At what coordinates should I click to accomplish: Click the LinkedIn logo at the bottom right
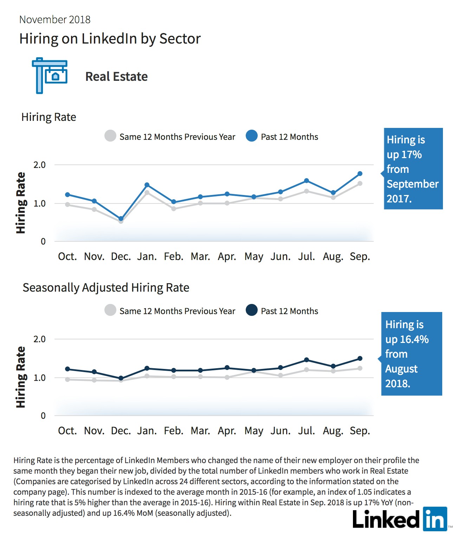pos(400,519)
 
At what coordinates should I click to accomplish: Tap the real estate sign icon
pos(50,76)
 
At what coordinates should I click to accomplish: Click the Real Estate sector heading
pos(116,77)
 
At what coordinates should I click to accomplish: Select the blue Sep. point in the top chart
pos(360,174)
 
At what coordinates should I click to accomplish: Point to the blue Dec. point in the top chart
pos(121,219)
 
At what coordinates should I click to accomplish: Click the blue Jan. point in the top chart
pos(147,185)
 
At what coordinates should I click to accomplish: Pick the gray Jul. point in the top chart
pos(307,191)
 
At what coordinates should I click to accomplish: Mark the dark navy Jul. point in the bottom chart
pos(307,360)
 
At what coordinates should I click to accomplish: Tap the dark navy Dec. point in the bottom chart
pos(121,378)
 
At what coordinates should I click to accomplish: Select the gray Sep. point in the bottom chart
pos(360,369)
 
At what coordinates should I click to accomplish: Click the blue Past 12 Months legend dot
pos(252,136)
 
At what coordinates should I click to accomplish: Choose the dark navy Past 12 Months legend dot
pos(252,310)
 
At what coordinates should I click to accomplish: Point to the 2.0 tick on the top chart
pos(39,165)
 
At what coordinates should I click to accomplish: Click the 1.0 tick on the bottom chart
pos(39,378)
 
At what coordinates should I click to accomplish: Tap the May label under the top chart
pos(253,257)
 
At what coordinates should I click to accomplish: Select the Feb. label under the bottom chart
pos(173,431)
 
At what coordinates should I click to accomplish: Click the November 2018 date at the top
pos(55,20)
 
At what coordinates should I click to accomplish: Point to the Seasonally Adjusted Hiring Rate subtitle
pos(106,288)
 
